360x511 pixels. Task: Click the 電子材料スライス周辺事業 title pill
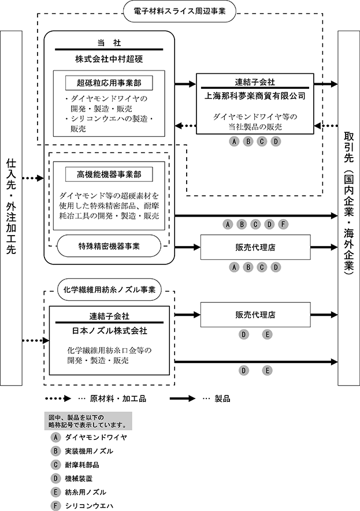point(179,11)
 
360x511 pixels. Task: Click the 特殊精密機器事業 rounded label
point(109,246)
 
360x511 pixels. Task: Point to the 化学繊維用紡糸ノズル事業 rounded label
point(109,290)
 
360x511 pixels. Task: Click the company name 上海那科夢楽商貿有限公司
point(255,96)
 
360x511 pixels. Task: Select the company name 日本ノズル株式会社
point(110,331)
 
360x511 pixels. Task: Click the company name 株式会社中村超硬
point(109,59)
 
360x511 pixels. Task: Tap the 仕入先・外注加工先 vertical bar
point(11,208)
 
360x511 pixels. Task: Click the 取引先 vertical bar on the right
point(348,208)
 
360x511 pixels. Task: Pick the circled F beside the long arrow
point(283,224)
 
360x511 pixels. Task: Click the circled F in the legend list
point(55,506)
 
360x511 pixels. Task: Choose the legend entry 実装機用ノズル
point(89,451)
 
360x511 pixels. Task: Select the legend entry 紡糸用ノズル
point(86,492)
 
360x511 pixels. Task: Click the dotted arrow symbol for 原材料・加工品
point(58,398)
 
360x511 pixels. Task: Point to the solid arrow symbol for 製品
point(183,398)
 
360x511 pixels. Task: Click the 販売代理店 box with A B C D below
point(255,247)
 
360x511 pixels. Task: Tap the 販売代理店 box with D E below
point(255,315)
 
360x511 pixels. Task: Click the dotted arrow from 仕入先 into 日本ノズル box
point(36,341)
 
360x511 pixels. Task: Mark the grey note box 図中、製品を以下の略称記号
point(88,421)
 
